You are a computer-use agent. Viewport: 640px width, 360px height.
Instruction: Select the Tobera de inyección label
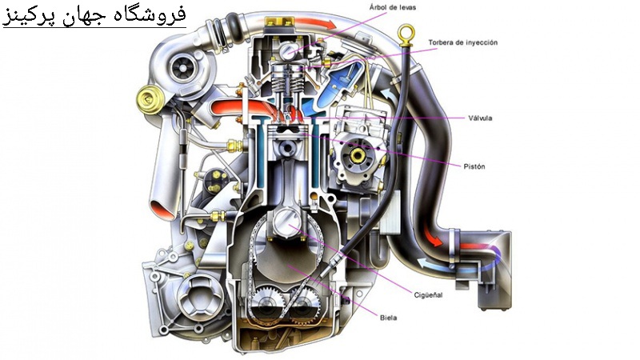pyautogui.click(x=462, y=42)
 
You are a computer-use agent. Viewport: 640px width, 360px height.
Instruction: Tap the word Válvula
pyautogui.click(x=480, y=118)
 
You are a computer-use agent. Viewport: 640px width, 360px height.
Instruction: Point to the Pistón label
pyautogui.click(x=474, y=166)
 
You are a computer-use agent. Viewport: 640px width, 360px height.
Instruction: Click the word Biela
pyautogui.click(x=389, y=317)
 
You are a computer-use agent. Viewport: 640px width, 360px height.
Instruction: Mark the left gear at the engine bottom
pyautogui.click(x=267, y=306)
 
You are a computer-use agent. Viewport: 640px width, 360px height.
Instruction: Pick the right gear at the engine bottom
pyautogui.click(x=302, y=306)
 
